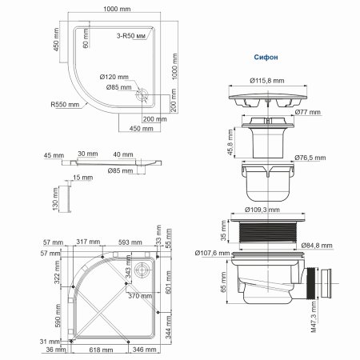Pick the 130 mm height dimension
[55, 194]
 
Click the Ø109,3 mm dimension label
[266, 207]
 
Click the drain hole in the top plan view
[142, 94]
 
